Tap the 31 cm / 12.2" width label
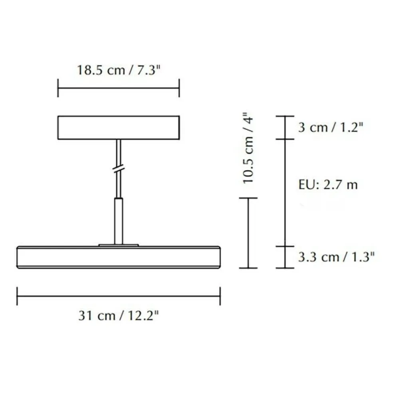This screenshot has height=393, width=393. pyautogui.click(x=119, y=316)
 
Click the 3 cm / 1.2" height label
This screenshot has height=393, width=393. pyautogui.click(x=331, y=128)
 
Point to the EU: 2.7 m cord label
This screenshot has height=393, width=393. pyautogui.click(x=328, y=185)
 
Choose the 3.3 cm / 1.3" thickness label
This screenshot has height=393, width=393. pyautogui.click(x=336, y=257)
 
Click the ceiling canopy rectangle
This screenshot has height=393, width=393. pyautogui.click(x=118, y=127)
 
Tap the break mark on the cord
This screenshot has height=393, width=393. pyautogui.click(x=119, y=169)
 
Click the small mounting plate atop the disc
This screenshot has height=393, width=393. pyautogui.click(x=119, y=244)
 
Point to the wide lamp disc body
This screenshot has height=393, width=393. pyautogui.click(x=118, y=257)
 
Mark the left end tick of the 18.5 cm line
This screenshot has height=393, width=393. pyautogui.click(x=58, y=88)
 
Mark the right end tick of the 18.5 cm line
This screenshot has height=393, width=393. pyautogui.click(x=179, y=88)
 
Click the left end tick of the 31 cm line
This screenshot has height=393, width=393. pyautogui.click(x=17, y=296)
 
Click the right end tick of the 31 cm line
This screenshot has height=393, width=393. pyautogui.click(x=220, y=296)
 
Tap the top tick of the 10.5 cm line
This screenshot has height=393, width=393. pyautogui.click(x=248, y=198)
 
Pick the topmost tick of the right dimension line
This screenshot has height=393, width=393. pyautogui.click(x=284, y=116)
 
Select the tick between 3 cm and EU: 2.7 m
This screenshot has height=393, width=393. pyautogui.click(x=284, y=139)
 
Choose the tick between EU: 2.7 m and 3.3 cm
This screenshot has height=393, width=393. pyautogui.click(x=284, y=246)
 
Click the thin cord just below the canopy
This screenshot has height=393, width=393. pyautogui.click(x=119, y=150)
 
